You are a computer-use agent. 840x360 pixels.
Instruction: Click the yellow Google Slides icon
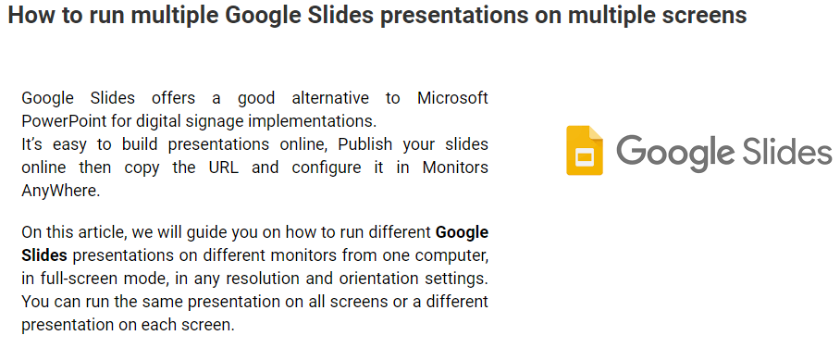(585, 151)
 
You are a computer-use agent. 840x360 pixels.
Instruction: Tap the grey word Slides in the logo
(784, 149)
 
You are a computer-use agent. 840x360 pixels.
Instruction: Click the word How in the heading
(28, 16)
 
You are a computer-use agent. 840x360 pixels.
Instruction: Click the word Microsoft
(452, 98)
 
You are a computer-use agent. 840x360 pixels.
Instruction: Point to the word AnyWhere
(60, 192)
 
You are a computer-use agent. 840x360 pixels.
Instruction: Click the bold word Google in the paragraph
(462, 234)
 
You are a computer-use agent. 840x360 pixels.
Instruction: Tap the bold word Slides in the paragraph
(44, 255)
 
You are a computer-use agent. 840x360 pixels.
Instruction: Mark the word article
(104, 233)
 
